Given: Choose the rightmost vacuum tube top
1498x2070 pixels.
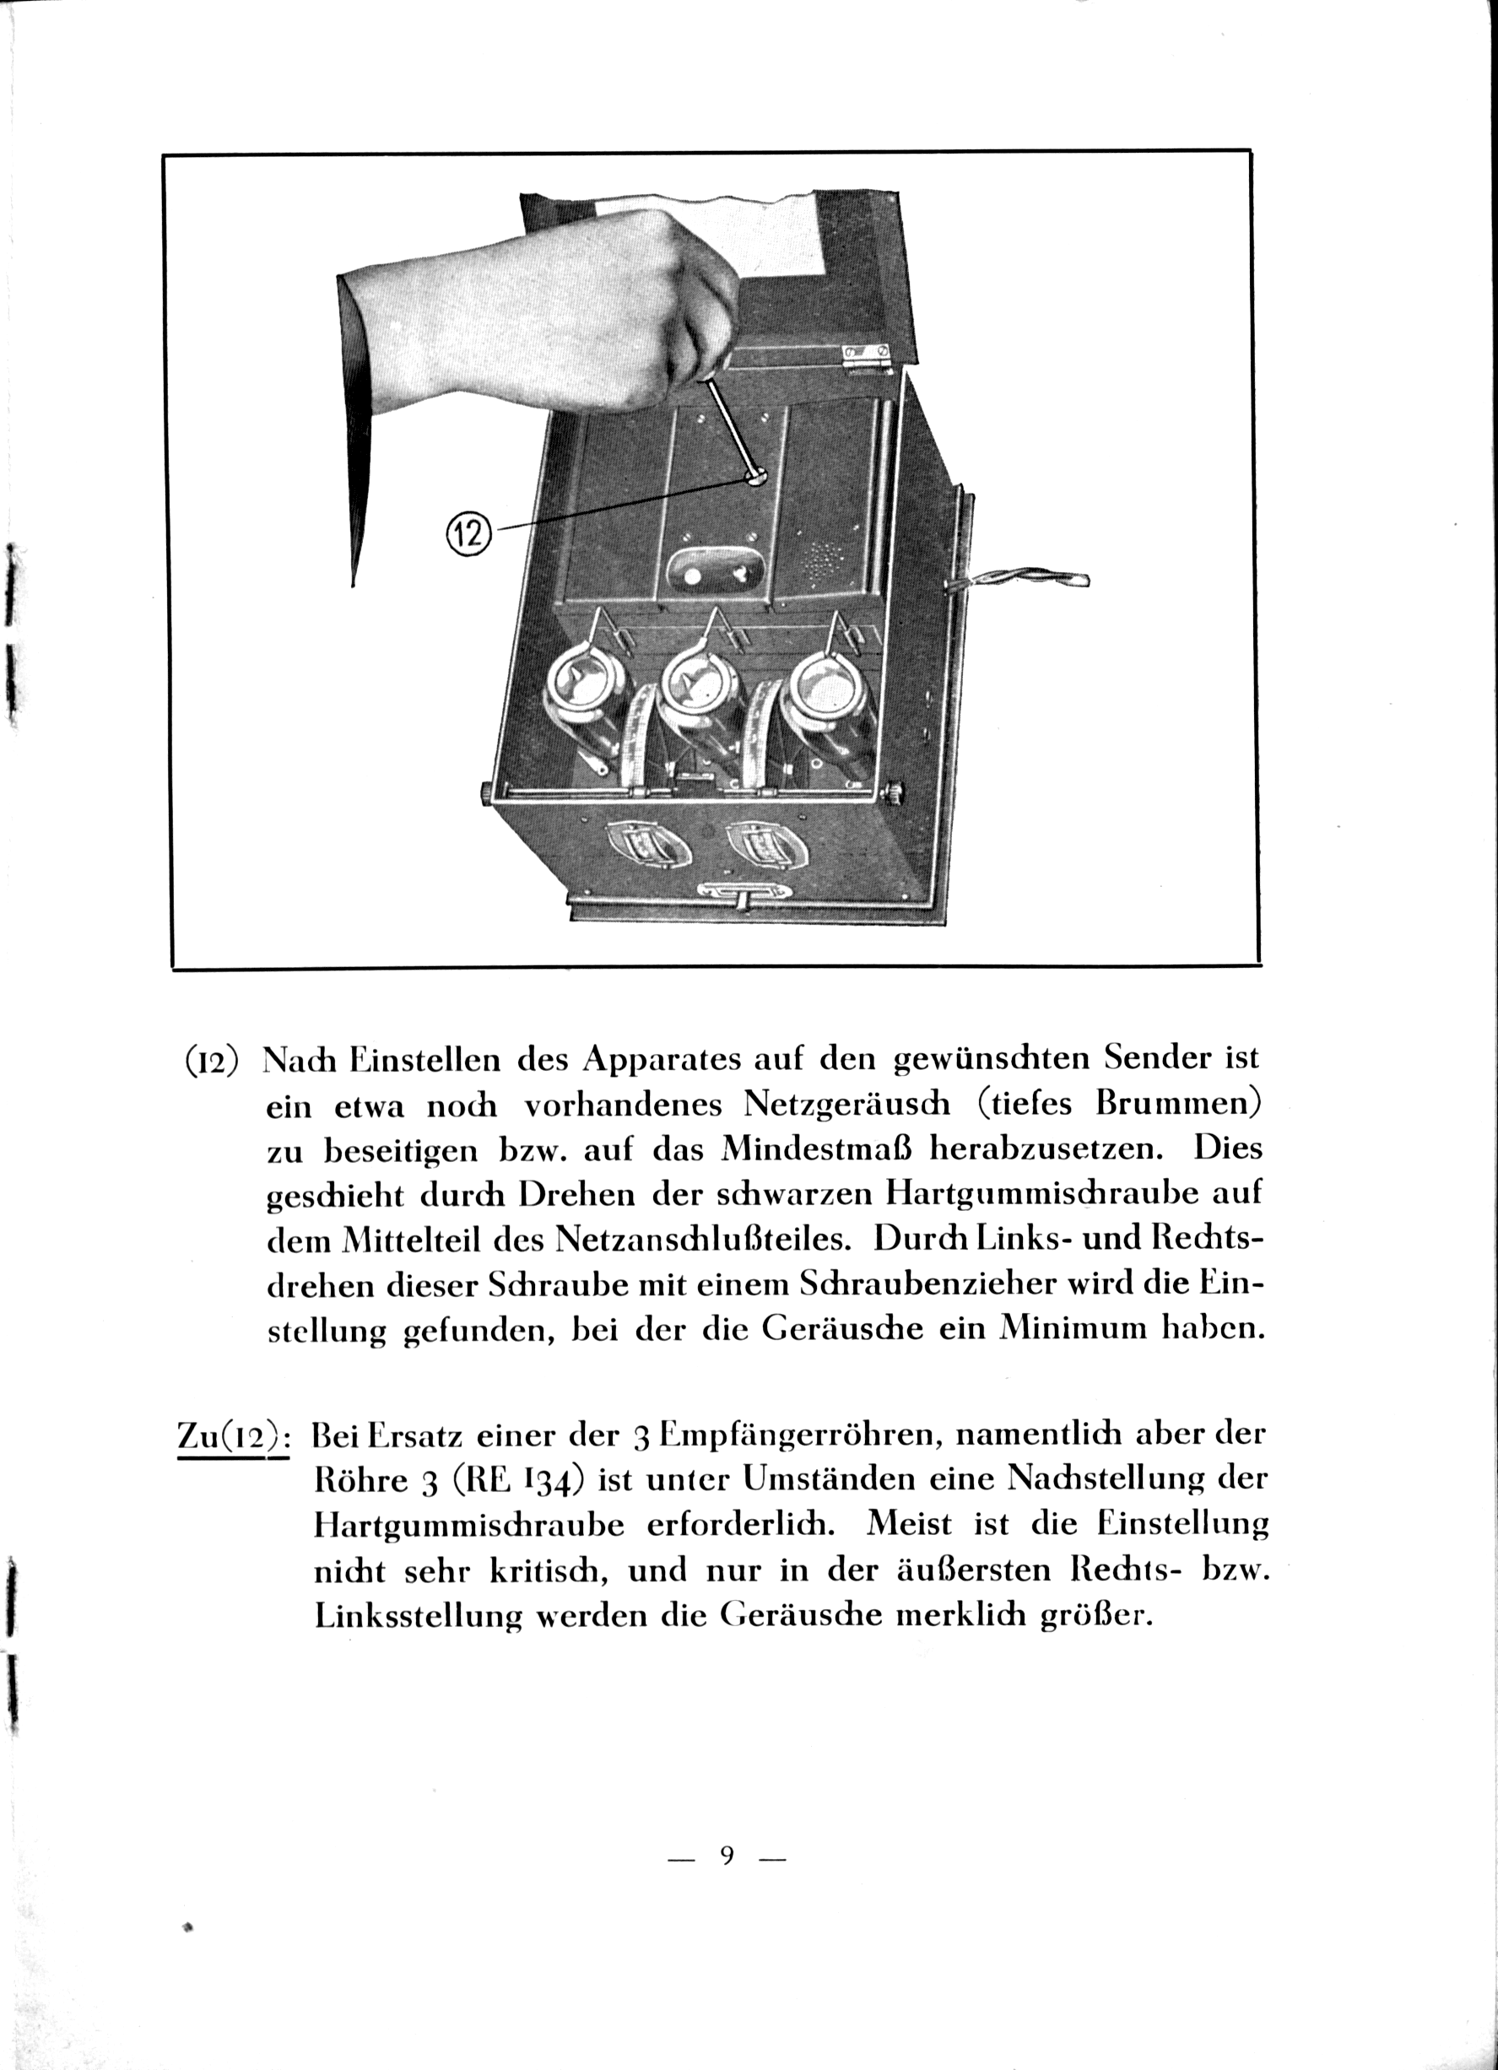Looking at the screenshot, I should click(831, 684).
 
